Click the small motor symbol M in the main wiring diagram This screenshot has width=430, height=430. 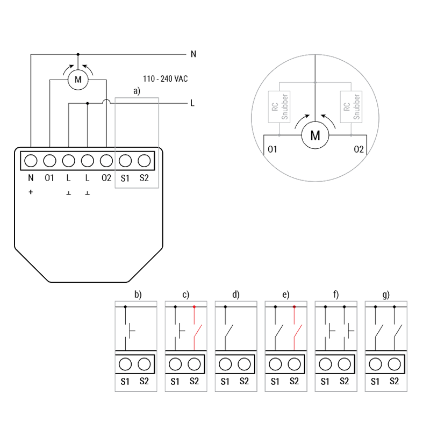click(x=78, y=80)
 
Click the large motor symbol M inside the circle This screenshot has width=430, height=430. click(x=315, y=135)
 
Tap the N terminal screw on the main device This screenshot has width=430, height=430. click(x=31, y=161)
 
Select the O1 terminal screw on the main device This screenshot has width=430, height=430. click(x=49, y=161)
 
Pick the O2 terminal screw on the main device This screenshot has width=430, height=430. click(x=106, y=161)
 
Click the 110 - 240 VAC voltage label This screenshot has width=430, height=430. click(x=166, y=79)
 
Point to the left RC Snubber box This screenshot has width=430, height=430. click(x=279, y=106)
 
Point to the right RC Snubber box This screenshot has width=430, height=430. click(x=351, y=106)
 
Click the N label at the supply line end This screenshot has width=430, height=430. click(x=193, y=54)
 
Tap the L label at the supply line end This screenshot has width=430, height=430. click(x=192, y=103)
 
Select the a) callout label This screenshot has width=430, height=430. click(x=137, y=91)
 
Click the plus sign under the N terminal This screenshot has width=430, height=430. click(x=31, y=192)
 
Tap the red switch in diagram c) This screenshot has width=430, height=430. click(x=197, y=331)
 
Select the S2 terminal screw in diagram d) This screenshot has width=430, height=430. click(x=244, y=364)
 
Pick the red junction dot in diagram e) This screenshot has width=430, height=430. click(x=294, y=307)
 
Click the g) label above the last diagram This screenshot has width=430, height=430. click(x=386, y=295)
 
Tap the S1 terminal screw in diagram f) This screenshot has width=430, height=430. click(x=325, y=364)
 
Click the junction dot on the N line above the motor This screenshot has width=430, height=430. click(x=78, y=55)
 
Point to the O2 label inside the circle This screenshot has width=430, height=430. click(x=359, y=149)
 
